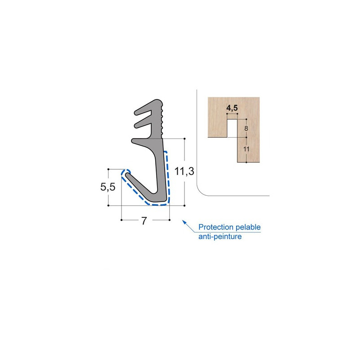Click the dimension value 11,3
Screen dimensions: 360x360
coord(184,171)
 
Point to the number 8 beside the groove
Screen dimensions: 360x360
coord(246,129)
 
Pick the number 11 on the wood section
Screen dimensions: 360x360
coord(246,149)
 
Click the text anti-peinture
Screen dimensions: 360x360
coord(220,236)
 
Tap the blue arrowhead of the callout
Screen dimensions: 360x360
coord(183,221)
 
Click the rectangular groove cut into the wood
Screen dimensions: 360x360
coord(232,128)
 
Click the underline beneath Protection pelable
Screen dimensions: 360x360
coord(229,232)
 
